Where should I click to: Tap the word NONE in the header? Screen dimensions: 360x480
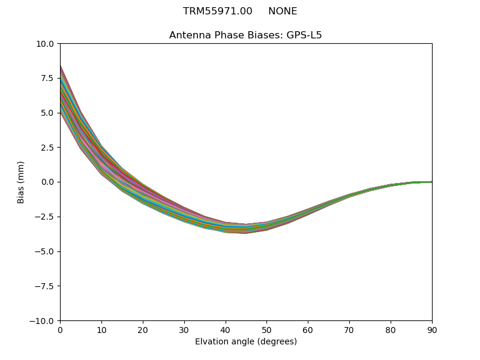point(283,11)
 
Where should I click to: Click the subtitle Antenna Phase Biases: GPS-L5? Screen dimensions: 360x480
point(245,35)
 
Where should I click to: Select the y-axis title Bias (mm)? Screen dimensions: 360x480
point(21,182)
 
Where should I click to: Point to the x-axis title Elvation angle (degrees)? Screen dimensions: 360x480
point(245,342)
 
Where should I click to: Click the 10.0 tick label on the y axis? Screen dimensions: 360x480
point(46,44)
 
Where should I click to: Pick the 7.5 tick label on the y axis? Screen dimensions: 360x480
point(47,78)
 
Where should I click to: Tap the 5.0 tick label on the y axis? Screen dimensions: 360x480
point(47,113)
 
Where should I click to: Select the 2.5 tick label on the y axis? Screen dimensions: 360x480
point(47,148)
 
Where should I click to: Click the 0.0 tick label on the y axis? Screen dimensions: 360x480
point(47,182)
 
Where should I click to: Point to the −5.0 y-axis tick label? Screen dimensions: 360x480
point(44,251)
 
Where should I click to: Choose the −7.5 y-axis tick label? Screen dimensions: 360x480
point(44,286)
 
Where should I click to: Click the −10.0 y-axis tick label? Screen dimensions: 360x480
point(43,321)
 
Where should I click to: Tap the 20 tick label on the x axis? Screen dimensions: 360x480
point(143,330)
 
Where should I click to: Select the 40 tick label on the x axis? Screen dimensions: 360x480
point(226,330)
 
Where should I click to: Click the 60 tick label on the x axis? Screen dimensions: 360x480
point(308,330)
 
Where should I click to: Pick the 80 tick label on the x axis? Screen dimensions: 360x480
point(391,330)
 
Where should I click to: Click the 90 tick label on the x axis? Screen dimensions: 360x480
point(431,330)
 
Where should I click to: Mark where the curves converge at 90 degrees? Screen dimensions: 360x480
point(431,182)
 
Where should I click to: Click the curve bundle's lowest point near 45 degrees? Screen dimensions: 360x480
point(245,233)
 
